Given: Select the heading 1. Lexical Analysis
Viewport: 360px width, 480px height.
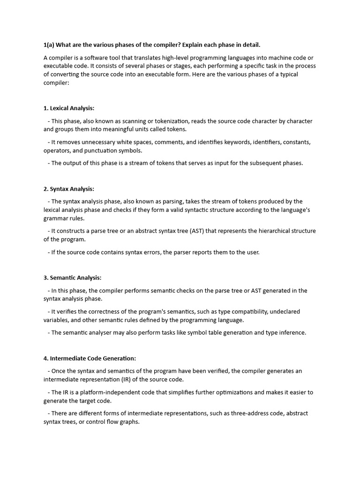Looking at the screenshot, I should coord(69,108).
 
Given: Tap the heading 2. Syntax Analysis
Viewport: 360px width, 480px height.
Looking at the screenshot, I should coord(69,189).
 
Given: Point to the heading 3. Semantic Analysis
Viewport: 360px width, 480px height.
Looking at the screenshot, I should coord(73,278).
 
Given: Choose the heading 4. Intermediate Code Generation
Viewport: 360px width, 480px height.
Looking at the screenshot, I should coord(90,359).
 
